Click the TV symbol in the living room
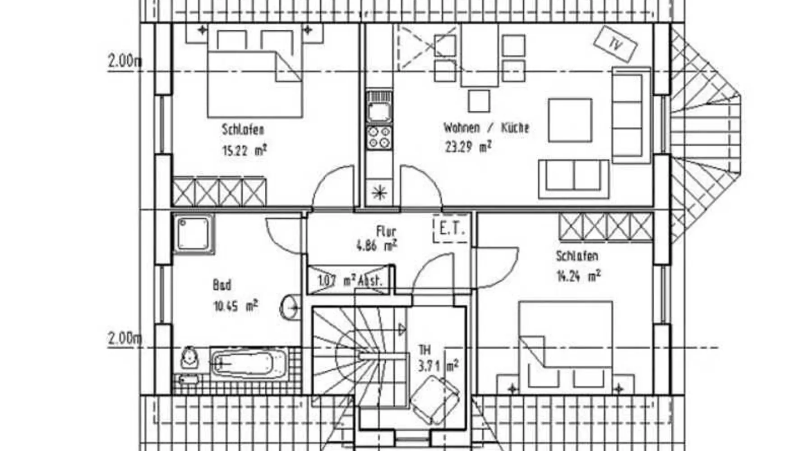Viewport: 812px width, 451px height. point(615,44)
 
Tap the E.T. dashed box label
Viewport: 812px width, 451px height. point(451,229)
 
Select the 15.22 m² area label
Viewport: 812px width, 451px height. point(244,150)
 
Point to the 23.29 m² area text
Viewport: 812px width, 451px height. point(467,147)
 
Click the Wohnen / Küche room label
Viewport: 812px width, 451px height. point(485,128)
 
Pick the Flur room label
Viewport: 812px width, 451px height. point(386,231)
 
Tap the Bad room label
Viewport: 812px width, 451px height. point(222,285)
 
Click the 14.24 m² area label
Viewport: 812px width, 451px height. point(578,276)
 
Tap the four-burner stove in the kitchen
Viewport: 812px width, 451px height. point(379,137)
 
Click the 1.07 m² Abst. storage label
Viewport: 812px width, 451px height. point(350,281)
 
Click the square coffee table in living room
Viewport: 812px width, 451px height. point(570,120)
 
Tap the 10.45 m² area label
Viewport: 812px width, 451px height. point(235,306)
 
